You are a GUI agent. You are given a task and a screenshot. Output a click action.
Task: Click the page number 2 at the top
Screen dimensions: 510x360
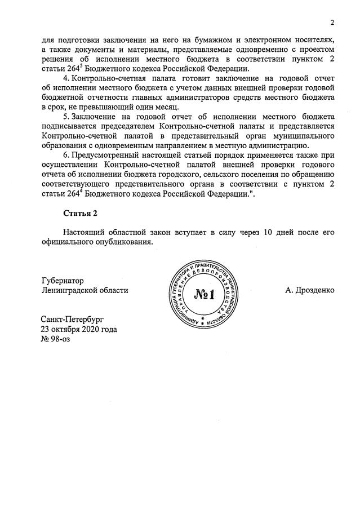click(332, 23)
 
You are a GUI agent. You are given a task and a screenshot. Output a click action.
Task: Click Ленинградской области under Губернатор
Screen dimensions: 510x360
click(85, 290)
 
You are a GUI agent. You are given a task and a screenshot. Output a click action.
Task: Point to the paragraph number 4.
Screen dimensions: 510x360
click(65, 77)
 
